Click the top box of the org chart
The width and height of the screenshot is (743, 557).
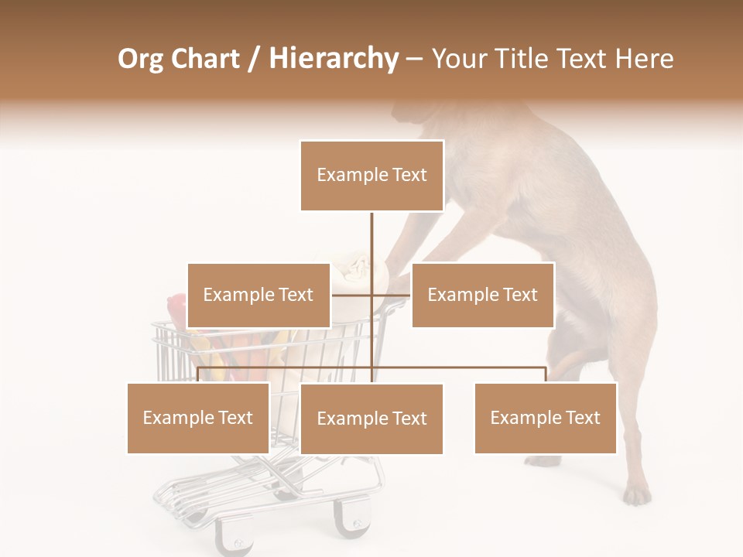(371, 176)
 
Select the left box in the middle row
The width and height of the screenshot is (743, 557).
(259, 295)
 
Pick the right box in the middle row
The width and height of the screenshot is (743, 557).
(482, 295)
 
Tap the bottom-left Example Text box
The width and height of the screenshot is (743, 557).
(198, 418)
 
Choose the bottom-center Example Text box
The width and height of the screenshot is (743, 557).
(371, 419)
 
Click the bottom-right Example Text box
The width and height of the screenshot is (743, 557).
(545, 418)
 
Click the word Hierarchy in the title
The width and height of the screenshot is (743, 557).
(334, 59)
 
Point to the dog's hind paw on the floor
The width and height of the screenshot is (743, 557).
(637, 494)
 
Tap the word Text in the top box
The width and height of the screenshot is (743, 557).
(409, 176)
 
